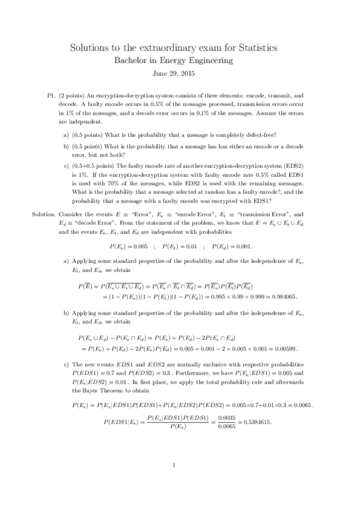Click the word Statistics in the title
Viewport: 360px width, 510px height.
254,48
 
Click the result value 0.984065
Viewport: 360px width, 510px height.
282,296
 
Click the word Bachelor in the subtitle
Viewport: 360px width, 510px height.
133,60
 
